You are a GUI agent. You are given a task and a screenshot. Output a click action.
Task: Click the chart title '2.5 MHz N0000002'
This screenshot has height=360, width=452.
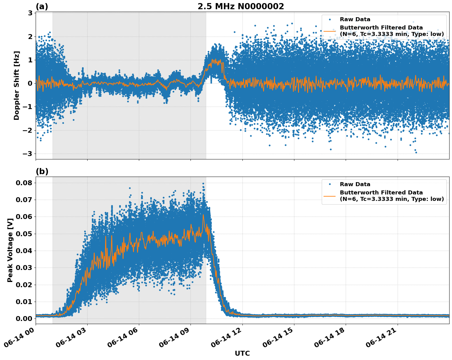241,6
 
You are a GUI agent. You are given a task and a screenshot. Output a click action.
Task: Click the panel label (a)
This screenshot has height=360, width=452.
42,6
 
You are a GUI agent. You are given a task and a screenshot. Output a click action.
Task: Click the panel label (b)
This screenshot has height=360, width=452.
42,171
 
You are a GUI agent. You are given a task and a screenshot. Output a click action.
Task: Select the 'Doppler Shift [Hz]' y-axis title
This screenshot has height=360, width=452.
17,85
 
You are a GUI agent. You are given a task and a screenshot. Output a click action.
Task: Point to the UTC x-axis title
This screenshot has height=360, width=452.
242,353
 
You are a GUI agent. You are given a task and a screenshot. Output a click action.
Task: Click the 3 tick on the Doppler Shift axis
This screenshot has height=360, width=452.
30,13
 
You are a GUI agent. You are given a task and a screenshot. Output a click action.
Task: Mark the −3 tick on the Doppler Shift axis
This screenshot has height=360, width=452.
28,154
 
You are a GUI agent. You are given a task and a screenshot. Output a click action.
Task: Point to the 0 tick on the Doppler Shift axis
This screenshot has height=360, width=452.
30,83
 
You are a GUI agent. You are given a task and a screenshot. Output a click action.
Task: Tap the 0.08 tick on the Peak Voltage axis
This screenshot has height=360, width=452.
24,183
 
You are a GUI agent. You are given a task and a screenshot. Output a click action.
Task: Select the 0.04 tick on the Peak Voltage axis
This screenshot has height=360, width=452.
24,251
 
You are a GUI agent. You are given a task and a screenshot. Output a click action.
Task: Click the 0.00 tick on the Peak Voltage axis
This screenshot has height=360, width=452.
24,319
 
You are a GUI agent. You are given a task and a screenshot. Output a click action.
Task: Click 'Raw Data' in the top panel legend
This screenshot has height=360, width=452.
355,19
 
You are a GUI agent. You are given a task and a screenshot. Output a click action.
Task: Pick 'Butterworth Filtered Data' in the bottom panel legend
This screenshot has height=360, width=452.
381,193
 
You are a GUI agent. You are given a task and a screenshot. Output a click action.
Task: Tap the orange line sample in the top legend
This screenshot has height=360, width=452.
330,31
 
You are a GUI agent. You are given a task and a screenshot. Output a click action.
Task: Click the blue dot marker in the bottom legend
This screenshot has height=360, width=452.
330,184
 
